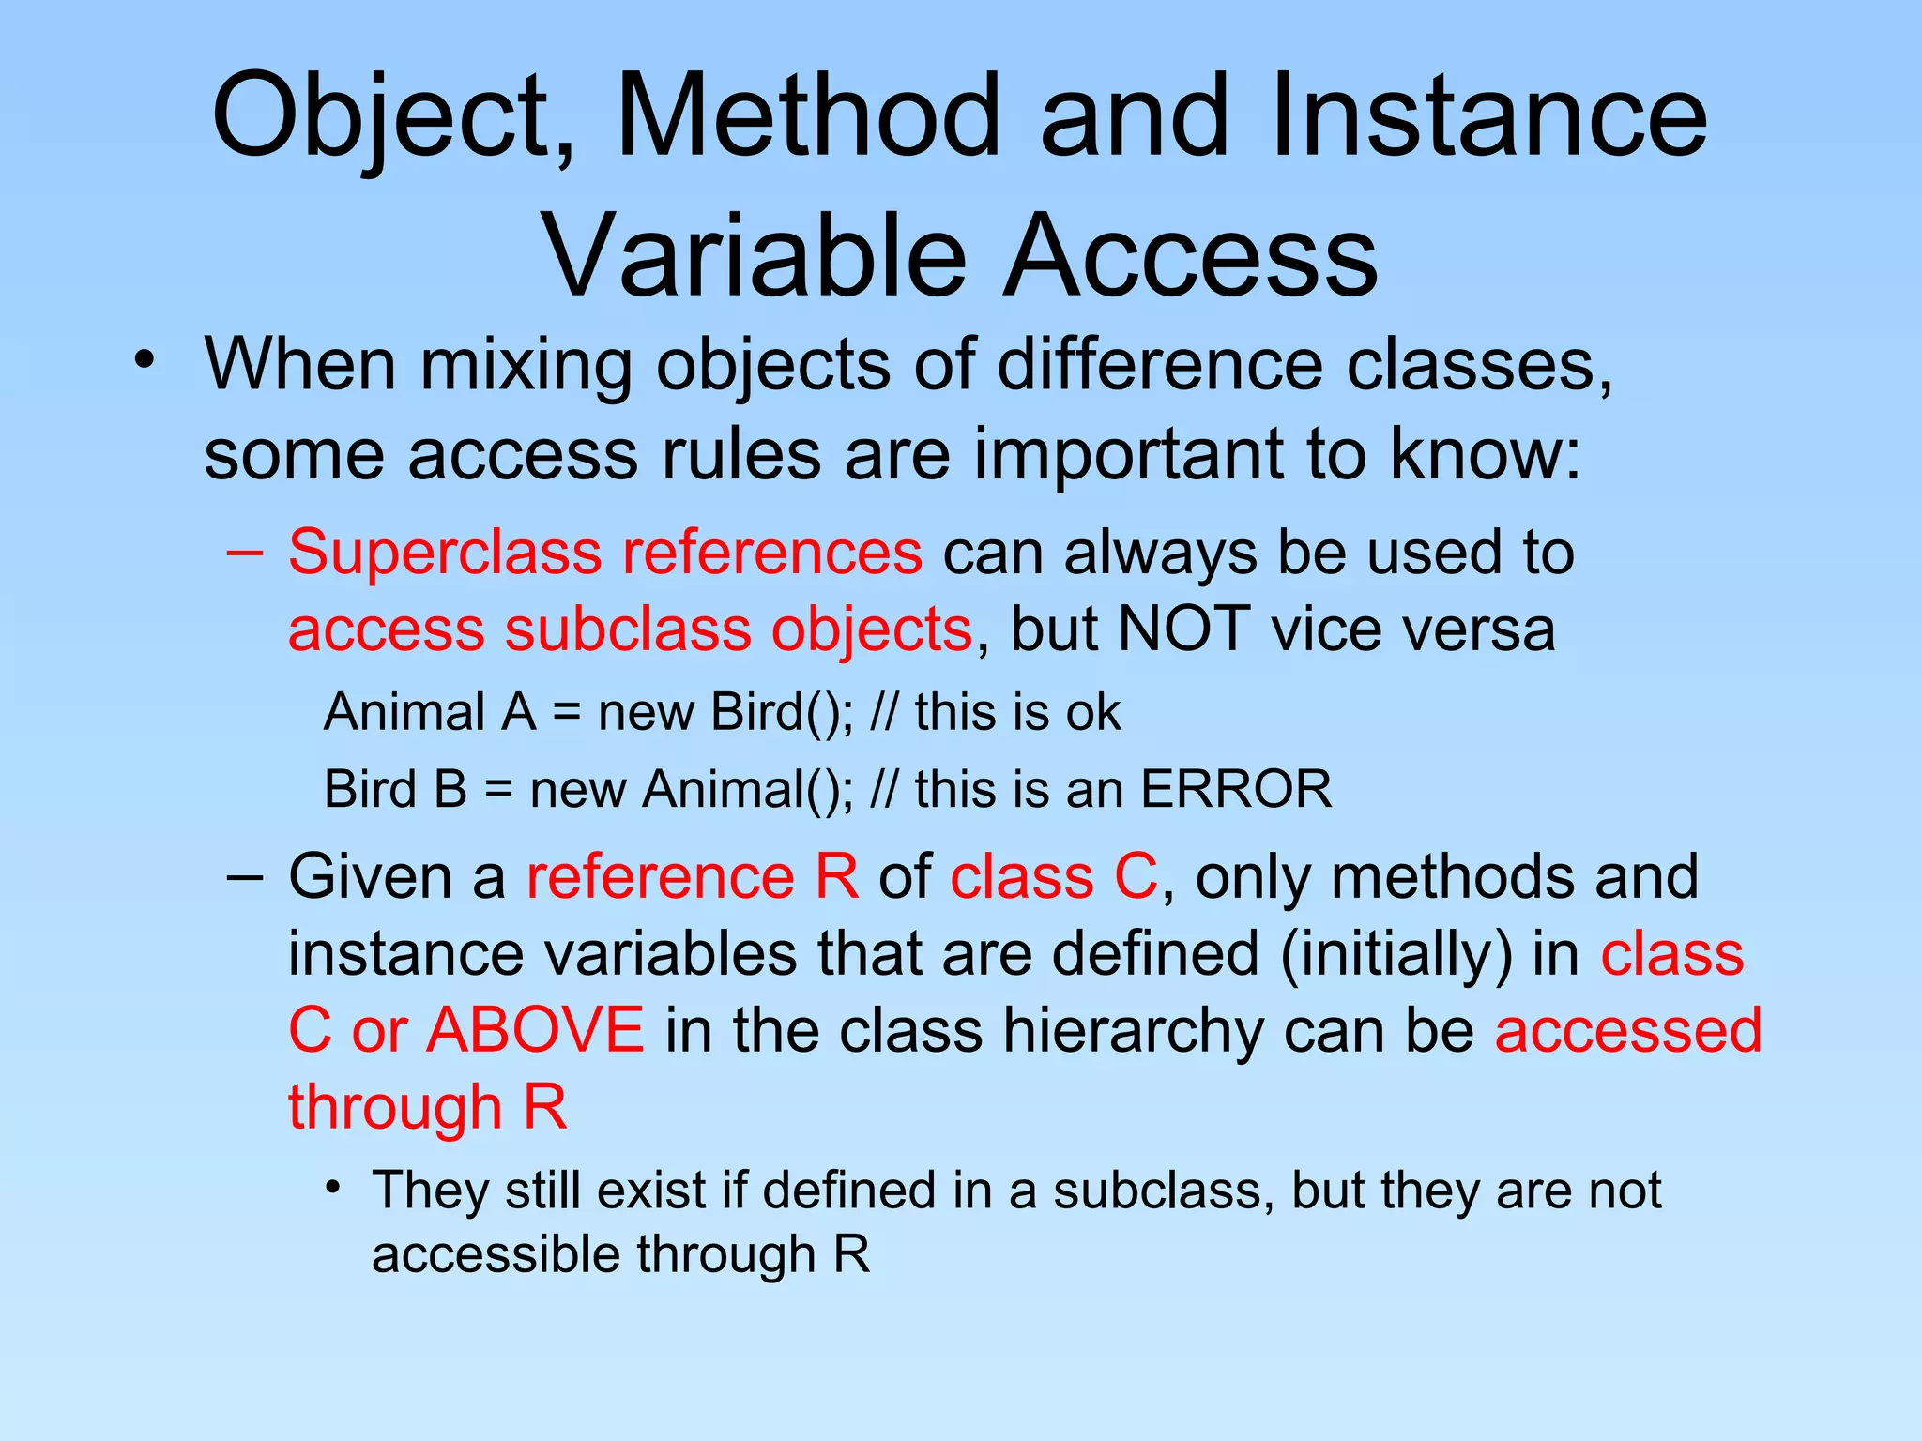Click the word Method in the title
coord(808,117)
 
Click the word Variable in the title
coord(755,256)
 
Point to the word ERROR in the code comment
coord(1236,789)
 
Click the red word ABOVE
coord(535,1030)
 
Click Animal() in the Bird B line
coord(748,789)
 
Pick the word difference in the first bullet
coord(1160,364)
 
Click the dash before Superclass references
coord(245,552)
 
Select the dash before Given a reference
coord(245,876)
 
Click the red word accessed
coord(1628,1030)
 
